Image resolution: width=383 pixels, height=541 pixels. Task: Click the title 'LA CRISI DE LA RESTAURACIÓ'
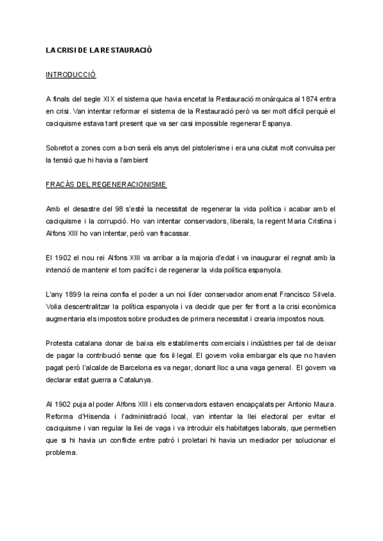(x=99, y=49)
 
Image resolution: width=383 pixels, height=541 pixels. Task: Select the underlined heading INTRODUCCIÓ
(x=71, y=75)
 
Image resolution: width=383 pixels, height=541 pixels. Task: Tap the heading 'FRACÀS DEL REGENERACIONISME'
(x=106, y=184)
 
